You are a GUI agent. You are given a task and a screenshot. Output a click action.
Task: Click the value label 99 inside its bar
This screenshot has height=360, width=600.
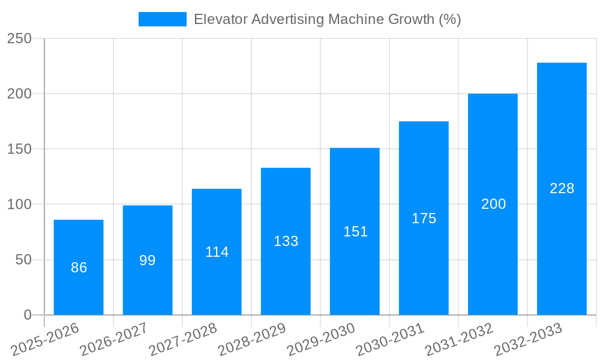click(148, 260)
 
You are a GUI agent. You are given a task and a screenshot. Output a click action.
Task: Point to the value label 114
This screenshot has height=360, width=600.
click(217, 252)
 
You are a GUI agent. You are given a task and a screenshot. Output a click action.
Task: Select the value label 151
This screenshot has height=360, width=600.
click(355, 232)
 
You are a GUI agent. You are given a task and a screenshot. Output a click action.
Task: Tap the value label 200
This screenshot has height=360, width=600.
click(493, 204)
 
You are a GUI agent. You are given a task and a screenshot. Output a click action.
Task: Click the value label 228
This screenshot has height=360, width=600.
click(562, 188)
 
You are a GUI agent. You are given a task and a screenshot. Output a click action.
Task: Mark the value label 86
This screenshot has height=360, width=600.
click(79, 268)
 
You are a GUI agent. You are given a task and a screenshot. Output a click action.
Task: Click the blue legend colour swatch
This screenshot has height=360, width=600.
click(162, 19)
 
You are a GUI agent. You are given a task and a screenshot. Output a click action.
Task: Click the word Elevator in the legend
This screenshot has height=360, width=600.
click(220, 19)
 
